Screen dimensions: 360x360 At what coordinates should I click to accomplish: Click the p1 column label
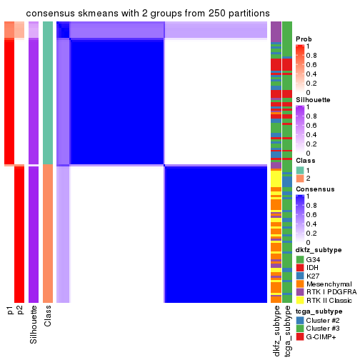9,310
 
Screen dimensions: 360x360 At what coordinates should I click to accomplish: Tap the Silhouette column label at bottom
34,325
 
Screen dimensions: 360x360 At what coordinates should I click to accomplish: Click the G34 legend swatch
299,259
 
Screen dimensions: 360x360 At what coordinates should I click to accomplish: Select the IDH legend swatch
299,267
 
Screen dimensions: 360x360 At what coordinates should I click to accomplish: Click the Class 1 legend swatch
299,169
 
